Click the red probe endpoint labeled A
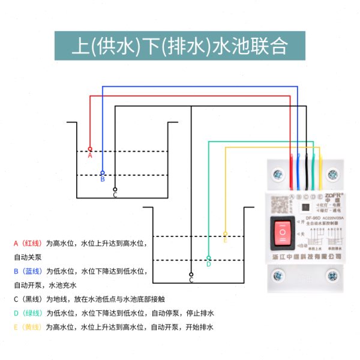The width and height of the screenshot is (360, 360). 90,149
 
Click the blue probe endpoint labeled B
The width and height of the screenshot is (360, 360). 103,172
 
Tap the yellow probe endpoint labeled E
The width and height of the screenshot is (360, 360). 225,234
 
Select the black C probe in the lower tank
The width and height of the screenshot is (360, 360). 191,274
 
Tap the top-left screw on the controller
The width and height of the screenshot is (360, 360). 277,175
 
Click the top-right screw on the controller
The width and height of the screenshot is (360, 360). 332,175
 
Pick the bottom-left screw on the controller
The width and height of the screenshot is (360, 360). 277,277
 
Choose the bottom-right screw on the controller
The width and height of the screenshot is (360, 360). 332,277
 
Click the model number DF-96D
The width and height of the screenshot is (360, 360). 305,218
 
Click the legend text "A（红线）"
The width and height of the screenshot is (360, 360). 28,244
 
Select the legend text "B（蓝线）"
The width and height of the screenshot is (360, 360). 28,271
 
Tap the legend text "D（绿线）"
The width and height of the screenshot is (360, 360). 28,313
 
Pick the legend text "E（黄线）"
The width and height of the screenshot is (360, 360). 28,327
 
